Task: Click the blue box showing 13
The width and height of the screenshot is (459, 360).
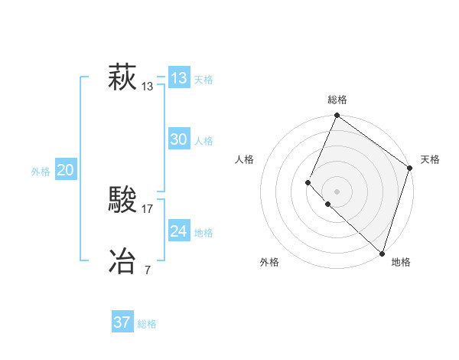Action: point(179,78)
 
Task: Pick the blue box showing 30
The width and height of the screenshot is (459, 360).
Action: point(179,139)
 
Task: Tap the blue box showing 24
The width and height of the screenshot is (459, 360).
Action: point(179,231)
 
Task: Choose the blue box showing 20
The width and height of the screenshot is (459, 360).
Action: point(65,170)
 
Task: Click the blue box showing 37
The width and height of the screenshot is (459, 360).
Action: point(122,322)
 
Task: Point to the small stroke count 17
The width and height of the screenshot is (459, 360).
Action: point(148,208)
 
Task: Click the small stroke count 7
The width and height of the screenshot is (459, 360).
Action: point(148,270)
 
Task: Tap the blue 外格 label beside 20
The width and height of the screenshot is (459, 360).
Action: point(41,172)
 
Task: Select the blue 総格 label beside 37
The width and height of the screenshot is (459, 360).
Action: point(147,324)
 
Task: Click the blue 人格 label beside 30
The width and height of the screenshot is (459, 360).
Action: point(203,141)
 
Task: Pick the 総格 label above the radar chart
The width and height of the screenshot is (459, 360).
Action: point(337,100)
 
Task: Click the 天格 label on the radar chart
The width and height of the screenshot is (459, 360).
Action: point(430,159)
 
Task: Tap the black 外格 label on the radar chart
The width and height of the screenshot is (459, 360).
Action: point(269,262)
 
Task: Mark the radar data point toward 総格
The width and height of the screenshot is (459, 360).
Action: point(337,116)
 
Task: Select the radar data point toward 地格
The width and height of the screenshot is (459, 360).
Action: point(382,254)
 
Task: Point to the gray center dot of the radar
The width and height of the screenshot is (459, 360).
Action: point(337,191)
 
